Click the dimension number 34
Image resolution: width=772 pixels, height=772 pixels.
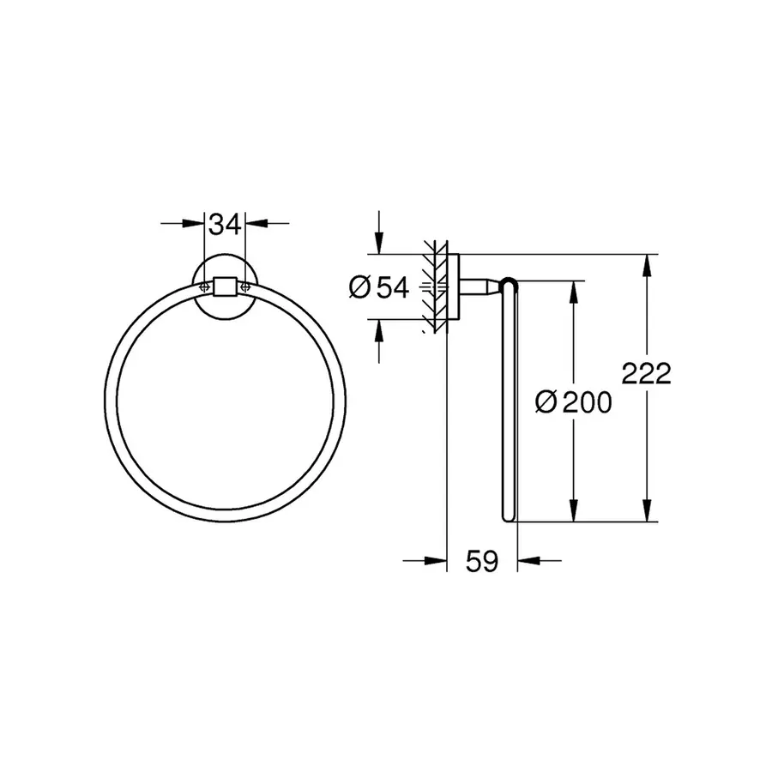[x=225, y=225]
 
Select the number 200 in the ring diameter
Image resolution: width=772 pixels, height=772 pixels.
[x=587, y=401]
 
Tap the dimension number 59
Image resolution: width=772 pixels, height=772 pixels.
[x=482, y=562]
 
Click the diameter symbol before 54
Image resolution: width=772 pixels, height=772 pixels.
[x=359, y=288]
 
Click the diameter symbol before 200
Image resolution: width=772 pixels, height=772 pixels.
[x=546, y=401]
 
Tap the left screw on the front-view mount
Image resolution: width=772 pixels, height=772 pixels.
[x=204, y=286]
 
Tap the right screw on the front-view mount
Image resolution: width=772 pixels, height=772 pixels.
[x=246, y=286]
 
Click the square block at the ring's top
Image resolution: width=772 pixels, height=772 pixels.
[x=226, y=286]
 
